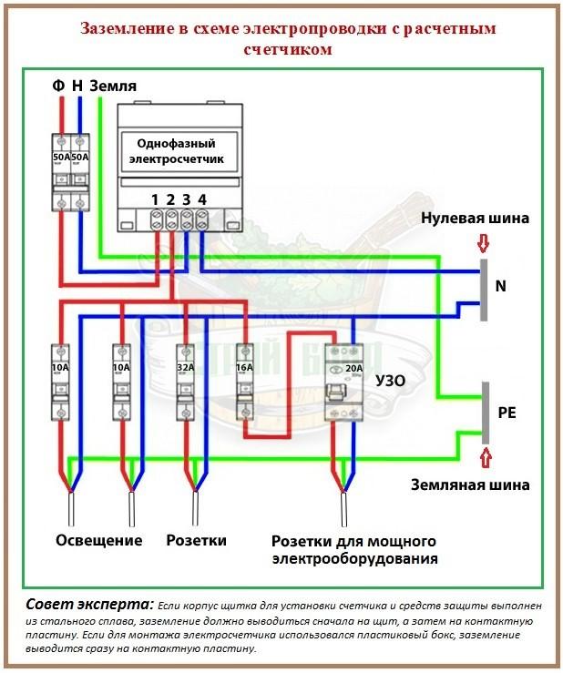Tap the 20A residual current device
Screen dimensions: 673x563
click(343, 382)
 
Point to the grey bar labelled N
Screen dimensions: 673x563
click(483, 285)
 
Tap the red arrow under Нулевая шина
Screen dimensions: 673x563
click(484, 242)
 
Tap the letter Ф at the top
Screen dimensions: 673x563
click(58, 85)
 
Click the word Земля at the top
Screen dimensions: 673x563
click(113, 85)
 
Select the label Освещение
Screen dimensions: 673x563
click(99, 540)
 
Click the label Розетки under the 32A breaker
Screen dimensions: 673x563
click(196, 540)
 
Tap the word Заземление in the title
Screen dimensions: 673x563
click(126, 29)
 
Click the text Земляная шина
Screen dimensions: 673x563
click(470, 484)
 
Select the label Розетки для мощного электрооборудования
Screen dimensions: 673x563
click(354, 549)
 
